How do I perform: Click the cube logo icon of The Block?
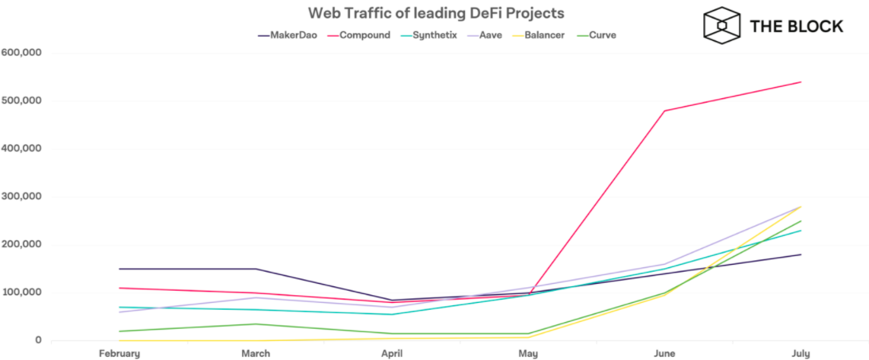point(721,25)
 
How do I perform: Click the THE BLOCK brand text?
point(797,26)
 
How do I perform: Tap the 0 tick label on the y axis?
point(37,340)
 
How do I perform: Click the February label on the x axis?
point(119,354)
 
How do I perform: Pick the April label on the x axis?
point(392,354)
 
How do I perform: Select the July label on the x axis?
point(801,354)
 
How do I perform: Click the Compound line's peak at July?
point(801,82)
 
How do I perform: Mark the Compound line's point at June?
point(664,111)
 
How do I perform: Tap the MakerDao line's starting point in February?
point(119,269)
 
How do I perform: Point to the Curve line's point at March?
point(256,324)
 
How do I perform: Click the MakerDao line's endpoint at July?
point(801,254)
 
